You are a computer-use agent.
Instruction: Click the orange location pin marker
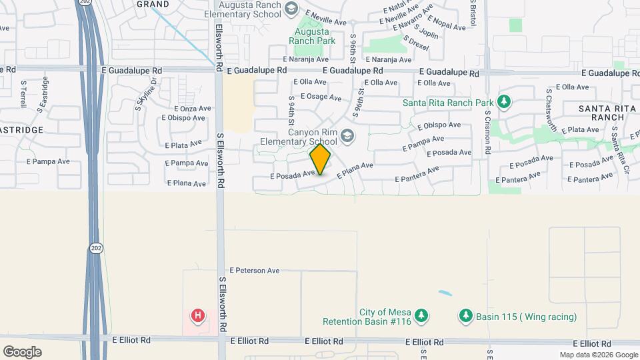point(321,159)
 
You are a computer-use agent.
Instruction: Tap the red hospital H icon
point(198,315)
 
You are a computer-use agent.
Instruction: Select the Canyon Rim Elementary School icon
point(347,136)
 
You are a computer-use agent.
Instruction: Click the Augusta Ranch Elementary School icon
point(291,9)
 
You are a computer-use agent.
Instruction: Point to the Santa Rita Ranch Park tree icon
point(505,102)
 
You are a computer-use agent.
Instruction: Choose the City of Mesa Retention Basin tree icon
point(421,315)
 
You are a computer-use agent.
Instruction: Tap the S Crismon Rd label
point(488,131)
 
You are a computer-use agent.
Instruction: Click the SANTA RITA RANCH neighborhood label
point(601,113)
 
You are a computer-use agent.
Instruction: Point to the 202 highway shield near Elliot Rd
point(95,248)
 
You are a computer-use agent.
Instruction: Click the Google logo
point(22,351)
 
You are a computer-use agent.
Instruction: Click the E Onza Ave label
point(192,108)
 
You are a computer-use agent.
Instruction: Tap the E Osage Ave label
point(321,96)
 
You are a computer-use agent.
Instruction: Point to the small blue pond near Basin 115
point(444,293)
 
